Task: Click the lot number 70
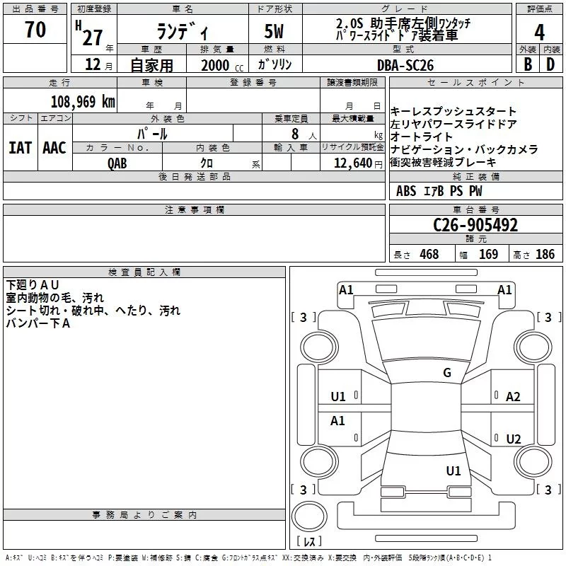coord(35,30)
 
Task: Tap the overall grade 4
coord(539,33)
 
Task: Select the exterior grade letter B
coord(528,64)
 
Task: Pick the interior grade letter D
coord(550,64)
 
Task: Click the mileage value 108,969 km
coord(83,102)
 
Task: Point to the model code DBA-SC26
coord(405,65)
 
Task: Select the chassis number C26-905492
coord(475,225)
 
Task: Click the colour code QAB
coord(117,163)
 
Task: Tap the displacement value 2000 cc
coord(222,65)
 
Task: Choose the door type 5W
coord(274,31)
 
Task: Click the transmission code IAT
coord(21,148)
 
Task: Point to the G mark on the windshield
coord(447,372)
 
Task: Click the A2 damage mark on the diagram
coord(513,397)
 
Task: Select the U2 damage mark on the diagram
coord(514,439)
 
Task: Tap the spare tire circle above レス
coord(309,516)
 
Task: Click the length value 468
coord(429,254)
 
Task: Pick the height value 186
coord(545,254)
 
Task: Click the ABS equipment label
coord(406,191)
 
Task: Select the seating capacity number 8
coord(295,134)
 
